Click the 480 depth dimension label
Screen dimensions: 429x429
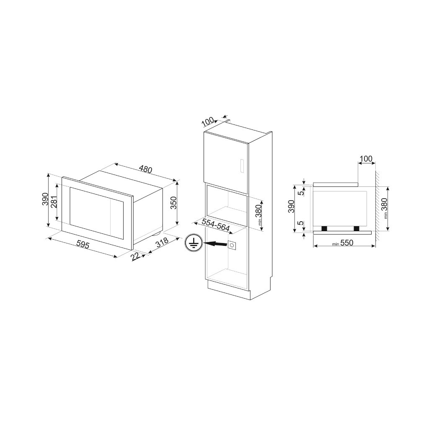(x=145, y=169)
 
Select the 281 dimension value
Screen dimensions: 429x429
(x=54, y=202)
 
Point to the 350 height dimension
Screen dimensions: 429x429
(x=174, y=203)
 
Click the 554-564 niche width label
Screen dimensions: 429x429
(x=216, y=225)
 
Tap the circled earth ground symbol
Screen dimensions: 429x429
(x=194, y=243)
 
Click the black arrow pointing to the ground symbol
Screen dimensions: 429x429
(x=217, y=243)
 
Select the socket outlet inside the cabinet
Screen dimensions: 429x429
(x=233, y=245)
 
